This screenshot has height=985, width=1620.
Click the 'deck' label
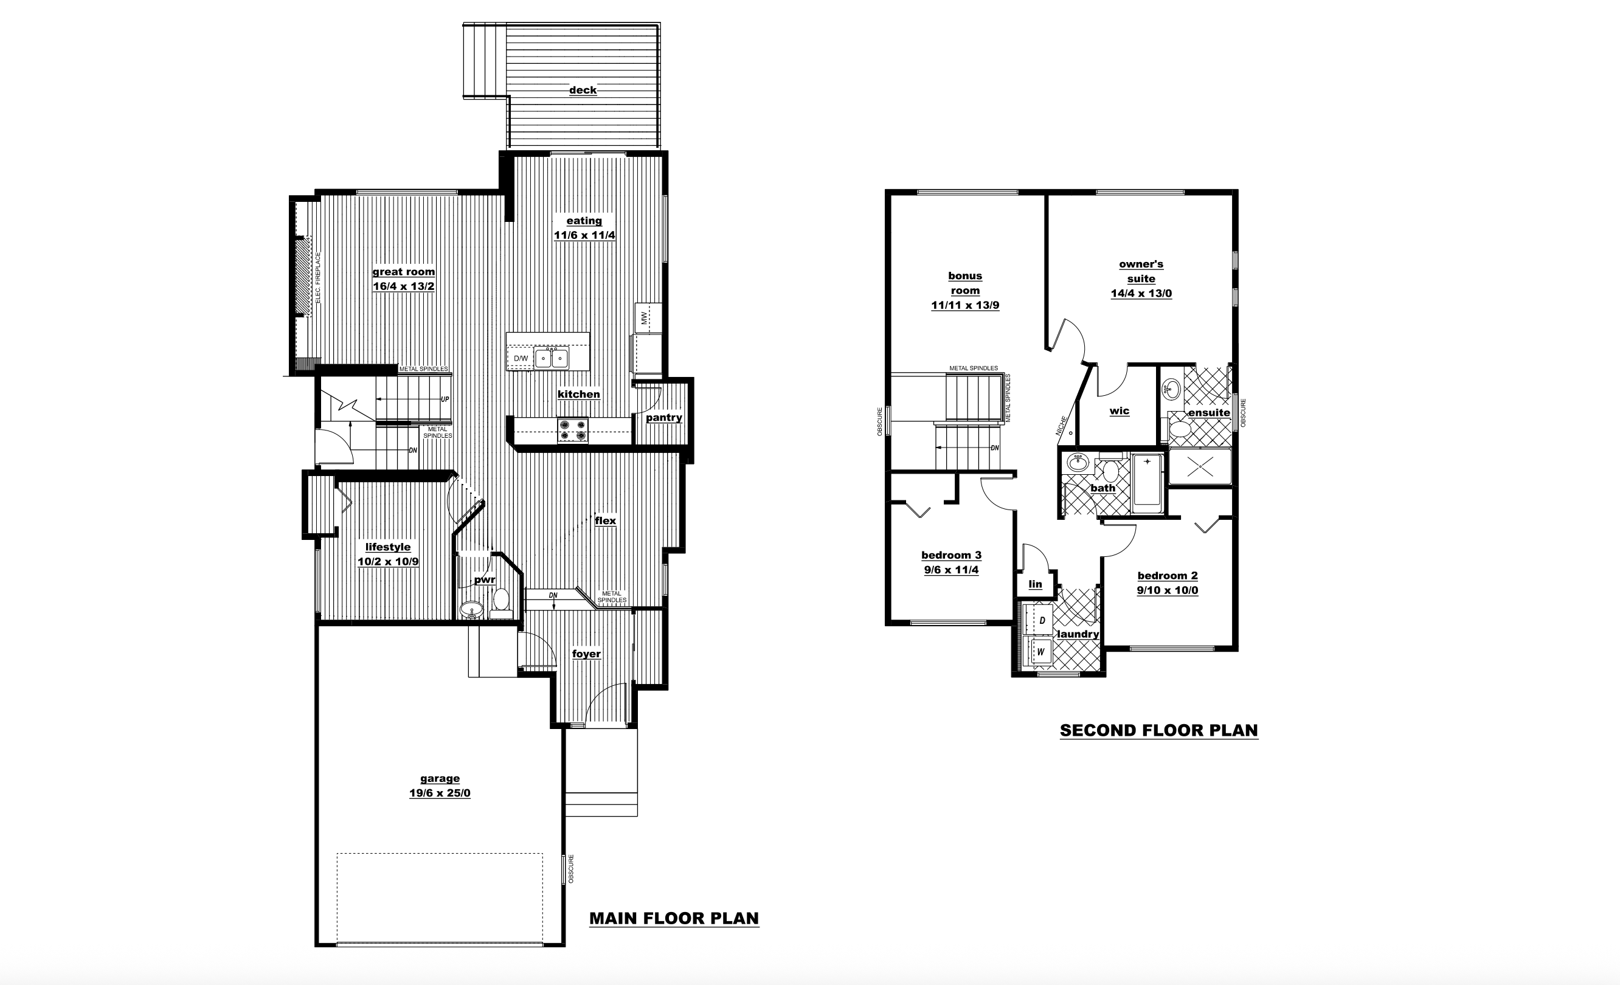pyautogui.click(x=583, y=90)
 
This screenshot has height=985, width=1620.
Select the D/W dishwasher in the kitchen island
pyautogui.click(x=521, y=358)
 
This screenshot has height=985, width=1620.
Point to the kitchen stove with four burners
pyautogui.click(x=573, y=430)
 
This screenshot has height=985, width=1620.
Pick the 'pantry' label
pyautogui.click(x=663, y=418)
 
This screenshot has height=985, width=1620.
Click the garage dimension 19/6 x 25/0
pyautogui.click(x=440, y=793)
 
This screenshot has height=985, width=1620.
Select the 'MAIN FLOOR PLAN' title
pyautogui.click(x=674, y=919)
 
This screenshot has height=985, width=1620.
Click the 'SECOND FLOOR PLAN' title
pyautogui.click(x=1159, y=730)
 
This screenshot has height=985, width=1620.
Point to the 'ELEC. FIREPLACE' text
pyautogui.click(x=317, y=277)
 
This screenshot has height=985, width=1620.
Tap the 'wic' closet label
pyautogui.click(x=1119, y=411)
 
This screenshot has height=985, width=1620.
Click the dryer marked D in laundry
pyautogui.click(x=1039, y=620)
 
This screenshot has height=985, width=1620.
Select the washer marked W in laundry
pyautogui.click(x=1039, y=652)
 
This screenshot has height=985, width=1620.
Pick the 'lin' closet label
pyautogui.click(x=1036, y=584)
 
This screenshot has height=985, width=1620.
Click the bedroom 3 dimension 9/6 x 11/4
pyautogui.click(x=951, y=570)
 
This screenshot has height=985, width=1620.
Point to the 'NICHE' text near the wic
pyautogui.click(x=1060, y=426)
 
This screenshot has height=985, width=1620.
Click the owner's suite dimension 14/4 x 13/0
pyautogui.click(x=1141, y=294)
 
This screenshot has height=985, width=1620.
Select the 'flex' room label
pyautogui.click(x=606, y=521)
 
